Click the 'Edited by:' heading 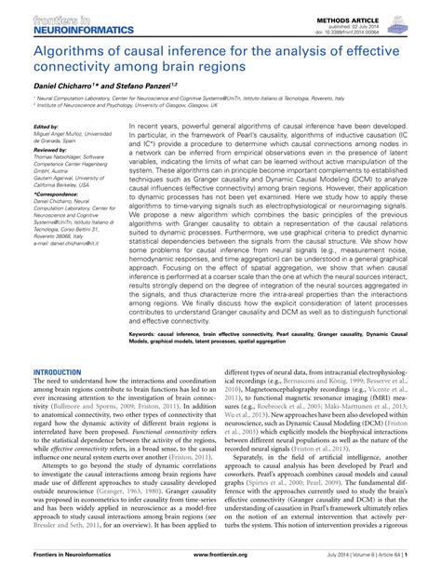pyautogui.click(x=44, y=127)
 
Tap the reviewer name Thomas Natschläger pyautogui.click(x=67, y=157)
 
